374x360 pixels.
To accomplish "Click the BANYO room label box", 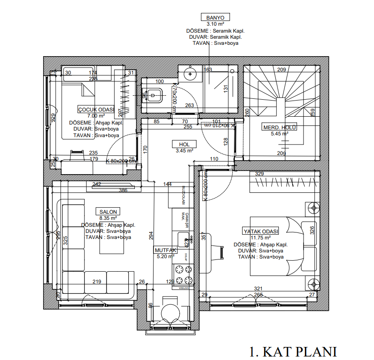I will (x=215, y=17).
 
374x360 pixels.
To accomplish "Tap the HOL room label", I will (x=184, y=144).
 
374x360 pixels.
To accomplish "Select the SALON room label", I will (x=107, y=212).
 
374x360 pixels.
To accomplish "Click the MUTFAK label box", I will (x=165, y=250).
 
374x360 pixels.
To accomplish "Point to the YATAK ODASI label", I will (x=260, y=231).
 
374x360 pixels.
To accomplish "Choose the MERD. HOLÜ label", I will (x=279, y=127).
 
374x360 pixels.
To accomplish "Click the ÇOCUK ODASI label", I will (x=96, y=109).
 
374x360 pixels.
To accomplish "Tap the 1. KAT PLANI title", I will (x=293, y=351).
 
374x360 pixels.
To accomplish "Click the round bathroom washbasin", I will (x=190, y=74).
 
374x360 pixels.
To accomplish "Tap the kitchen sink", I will (x=184, y=239).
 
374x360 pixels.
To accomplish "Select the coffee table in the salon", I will (x=113, y=243).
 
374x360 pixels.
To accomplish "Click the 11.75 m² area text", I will (x=261, y=238).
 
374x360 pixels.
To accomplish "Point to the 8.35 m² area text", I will (x=108, y=218).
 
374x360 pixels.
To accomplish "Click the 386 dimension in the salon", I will (x=123, y=190).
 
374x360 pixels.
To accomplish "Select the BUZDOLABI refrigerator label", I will (x=183, y=196).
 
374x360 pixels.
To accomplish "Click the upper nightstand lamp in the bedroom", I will (x=313, y=209).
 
